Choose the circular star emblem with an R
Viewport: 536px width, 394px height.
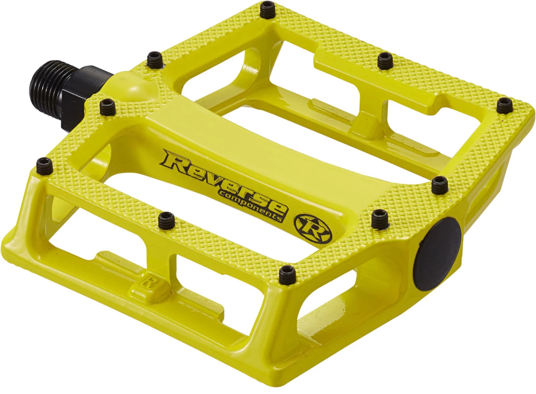coord(313,228)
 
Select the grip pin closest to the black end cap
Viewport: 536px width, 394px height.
coord(380,218)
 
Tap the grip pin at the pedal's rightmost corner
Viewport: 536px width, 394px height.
coord(505,105)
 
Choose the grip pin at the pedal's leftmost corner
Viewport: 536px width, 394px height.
coord(44,166)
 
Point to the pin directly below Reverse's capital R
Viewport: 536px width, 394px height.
coord(167,220)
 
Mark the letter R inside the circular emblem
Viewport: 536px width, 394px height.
coord(313,228)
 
